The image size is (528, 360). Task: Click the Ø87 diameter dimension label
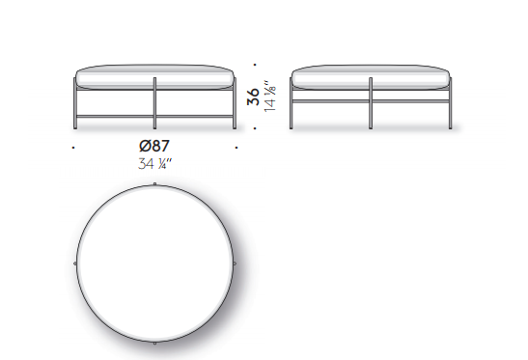tap(154, 146)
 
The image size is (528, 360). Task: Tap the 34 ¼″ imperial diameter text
tap(154, 164)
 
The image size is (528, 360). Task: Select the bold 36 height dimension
tap(254, 97)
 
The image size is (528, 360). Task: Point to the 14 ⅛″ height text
tap(270, 96)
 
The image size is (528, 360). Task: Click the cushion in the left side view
tap(154, 77)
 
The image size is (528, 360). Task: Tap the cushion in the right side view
tap(371, 77)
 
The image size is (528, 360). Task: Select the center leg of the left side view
tap(154, 103)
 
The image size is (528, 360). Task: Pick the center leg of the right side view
tap(371, 103)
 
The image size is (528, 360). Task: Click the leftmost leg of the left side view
tap(75, 103)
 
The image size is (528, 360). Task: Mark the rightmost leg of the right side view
tap(450, 103)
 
